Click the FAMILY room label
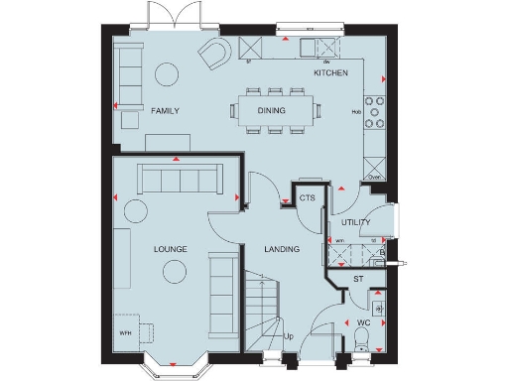(x=165, y=111)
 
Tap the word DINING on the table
(x=271, y=111)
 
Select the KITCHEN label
(x=330, y=73)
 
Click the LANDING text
(x=282, y=249)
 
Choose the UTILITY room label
(x=355, y=222)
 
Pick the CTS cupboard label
(x=307, y=198)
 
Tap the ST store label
(x=359, y=281)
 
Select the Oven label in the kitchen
(x=374, y=176)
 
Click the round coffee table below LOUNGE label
(x=177, y=270)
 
